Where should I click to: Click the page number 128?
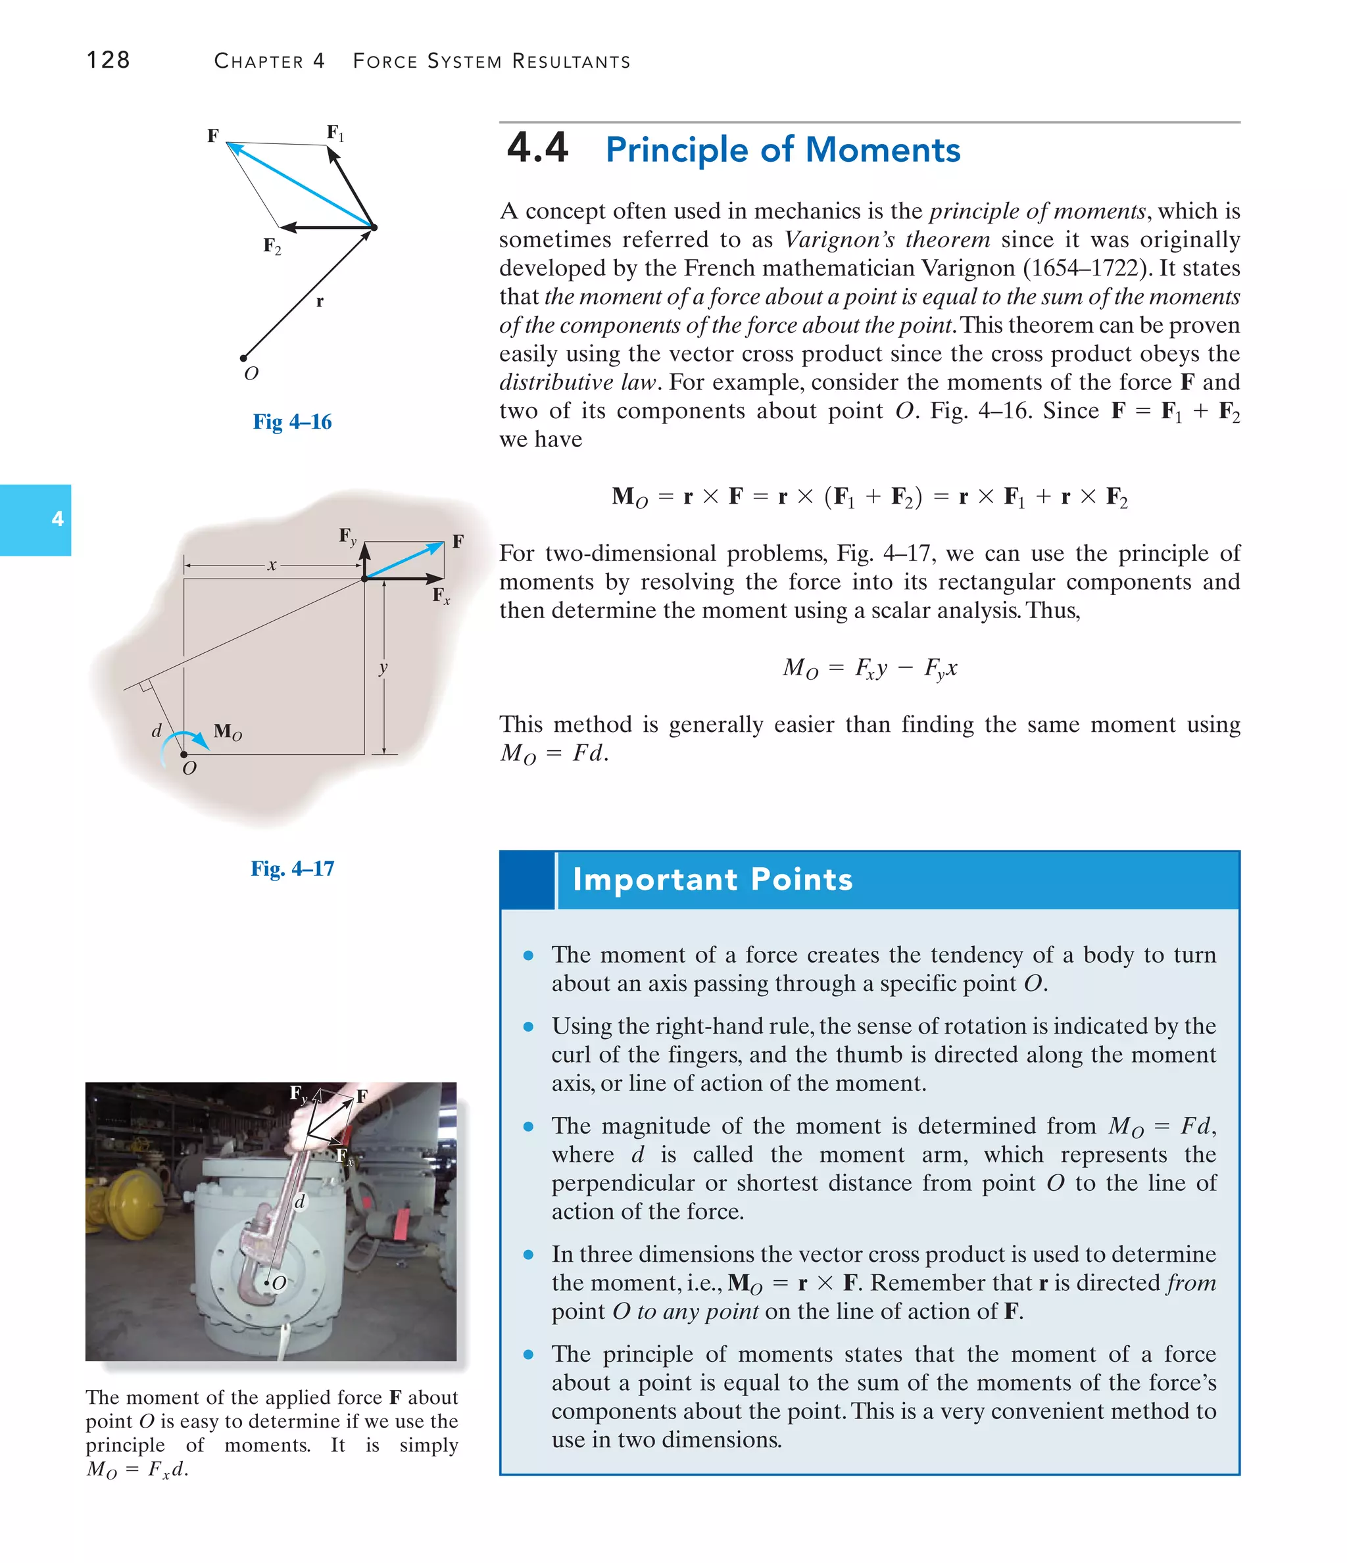(x=108, y=60)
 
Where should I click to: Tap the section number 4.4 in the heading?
(x=537, y=148)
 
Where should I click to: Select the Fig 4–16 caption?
(x=292, y=421)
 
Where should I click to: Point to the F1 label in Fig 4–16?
(x=335, y=133)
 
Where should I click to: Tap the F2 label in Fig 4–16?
(x=272, y=245)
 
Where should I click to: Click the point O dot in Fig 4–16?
(x=243, y=358)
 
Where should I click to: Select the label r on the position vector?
(x=319, y=302)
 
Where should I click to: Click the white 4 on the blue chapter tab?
(x=57, y=519)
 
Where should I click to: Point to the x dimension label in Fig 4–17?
(x=272, y=564)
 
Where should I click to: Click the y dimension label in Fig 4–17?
(x=383, y=667)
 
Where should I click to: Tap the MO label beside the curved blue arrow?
(x=227, y=731)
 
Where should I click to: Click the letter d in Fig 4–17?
(x=156, y=730)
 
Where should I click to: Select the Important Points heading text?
(x=712, y=880)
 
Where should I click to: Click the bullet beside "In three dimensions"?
(x=528, y=1255)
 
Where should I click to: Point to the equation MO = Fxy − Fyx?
(x=869, y=668)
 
